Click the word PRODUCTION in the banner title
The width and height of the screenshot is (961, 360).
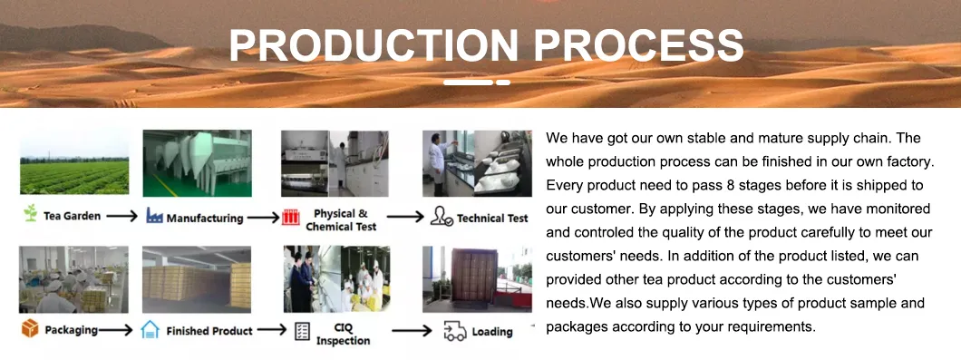click(x=372, y=45)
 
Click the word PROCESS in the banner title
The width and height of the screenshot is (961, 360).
click(x=635, y=45)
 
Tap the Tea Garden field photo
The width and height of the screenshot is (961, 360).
click(x=73, y=162)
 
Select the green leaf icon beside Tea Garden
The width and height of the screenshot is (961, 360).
click(x=30, y=216)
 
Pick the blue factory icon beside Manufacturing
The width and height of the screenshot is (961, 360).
click(x=152, y=217)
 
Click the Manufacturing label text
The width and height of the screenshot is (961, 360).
click(x=204, y=218)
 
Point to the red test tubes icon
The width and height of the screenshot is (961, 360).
click(x=291, y=218)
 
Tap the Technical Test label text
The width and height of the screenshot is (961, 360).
click(x=492, y=218)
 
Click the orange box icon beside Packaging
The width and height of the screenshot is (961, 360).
click(x=30, y=329)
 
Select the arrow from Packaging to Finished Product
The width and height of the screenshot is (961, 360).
click(x=115, y=330)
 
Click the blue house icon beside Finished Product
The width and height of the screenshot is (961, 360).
click(x=151, y=330)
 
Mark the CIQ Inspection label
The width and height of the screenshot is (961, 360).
click(x=343, y=334)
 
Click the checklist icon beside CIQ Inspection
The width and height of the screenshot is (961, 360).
click(x=302, y=331)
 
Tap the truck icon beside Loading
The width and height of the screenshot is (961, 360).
click(x=454, y=331)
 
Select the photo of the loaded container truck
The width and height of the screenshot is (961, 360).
click(x=477, y=279)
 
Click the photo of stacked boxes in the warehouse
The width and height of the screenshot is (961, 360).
click(x=197, y=279)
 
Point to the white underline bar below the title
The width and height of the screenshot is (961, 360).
click(x=476, y=83)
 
